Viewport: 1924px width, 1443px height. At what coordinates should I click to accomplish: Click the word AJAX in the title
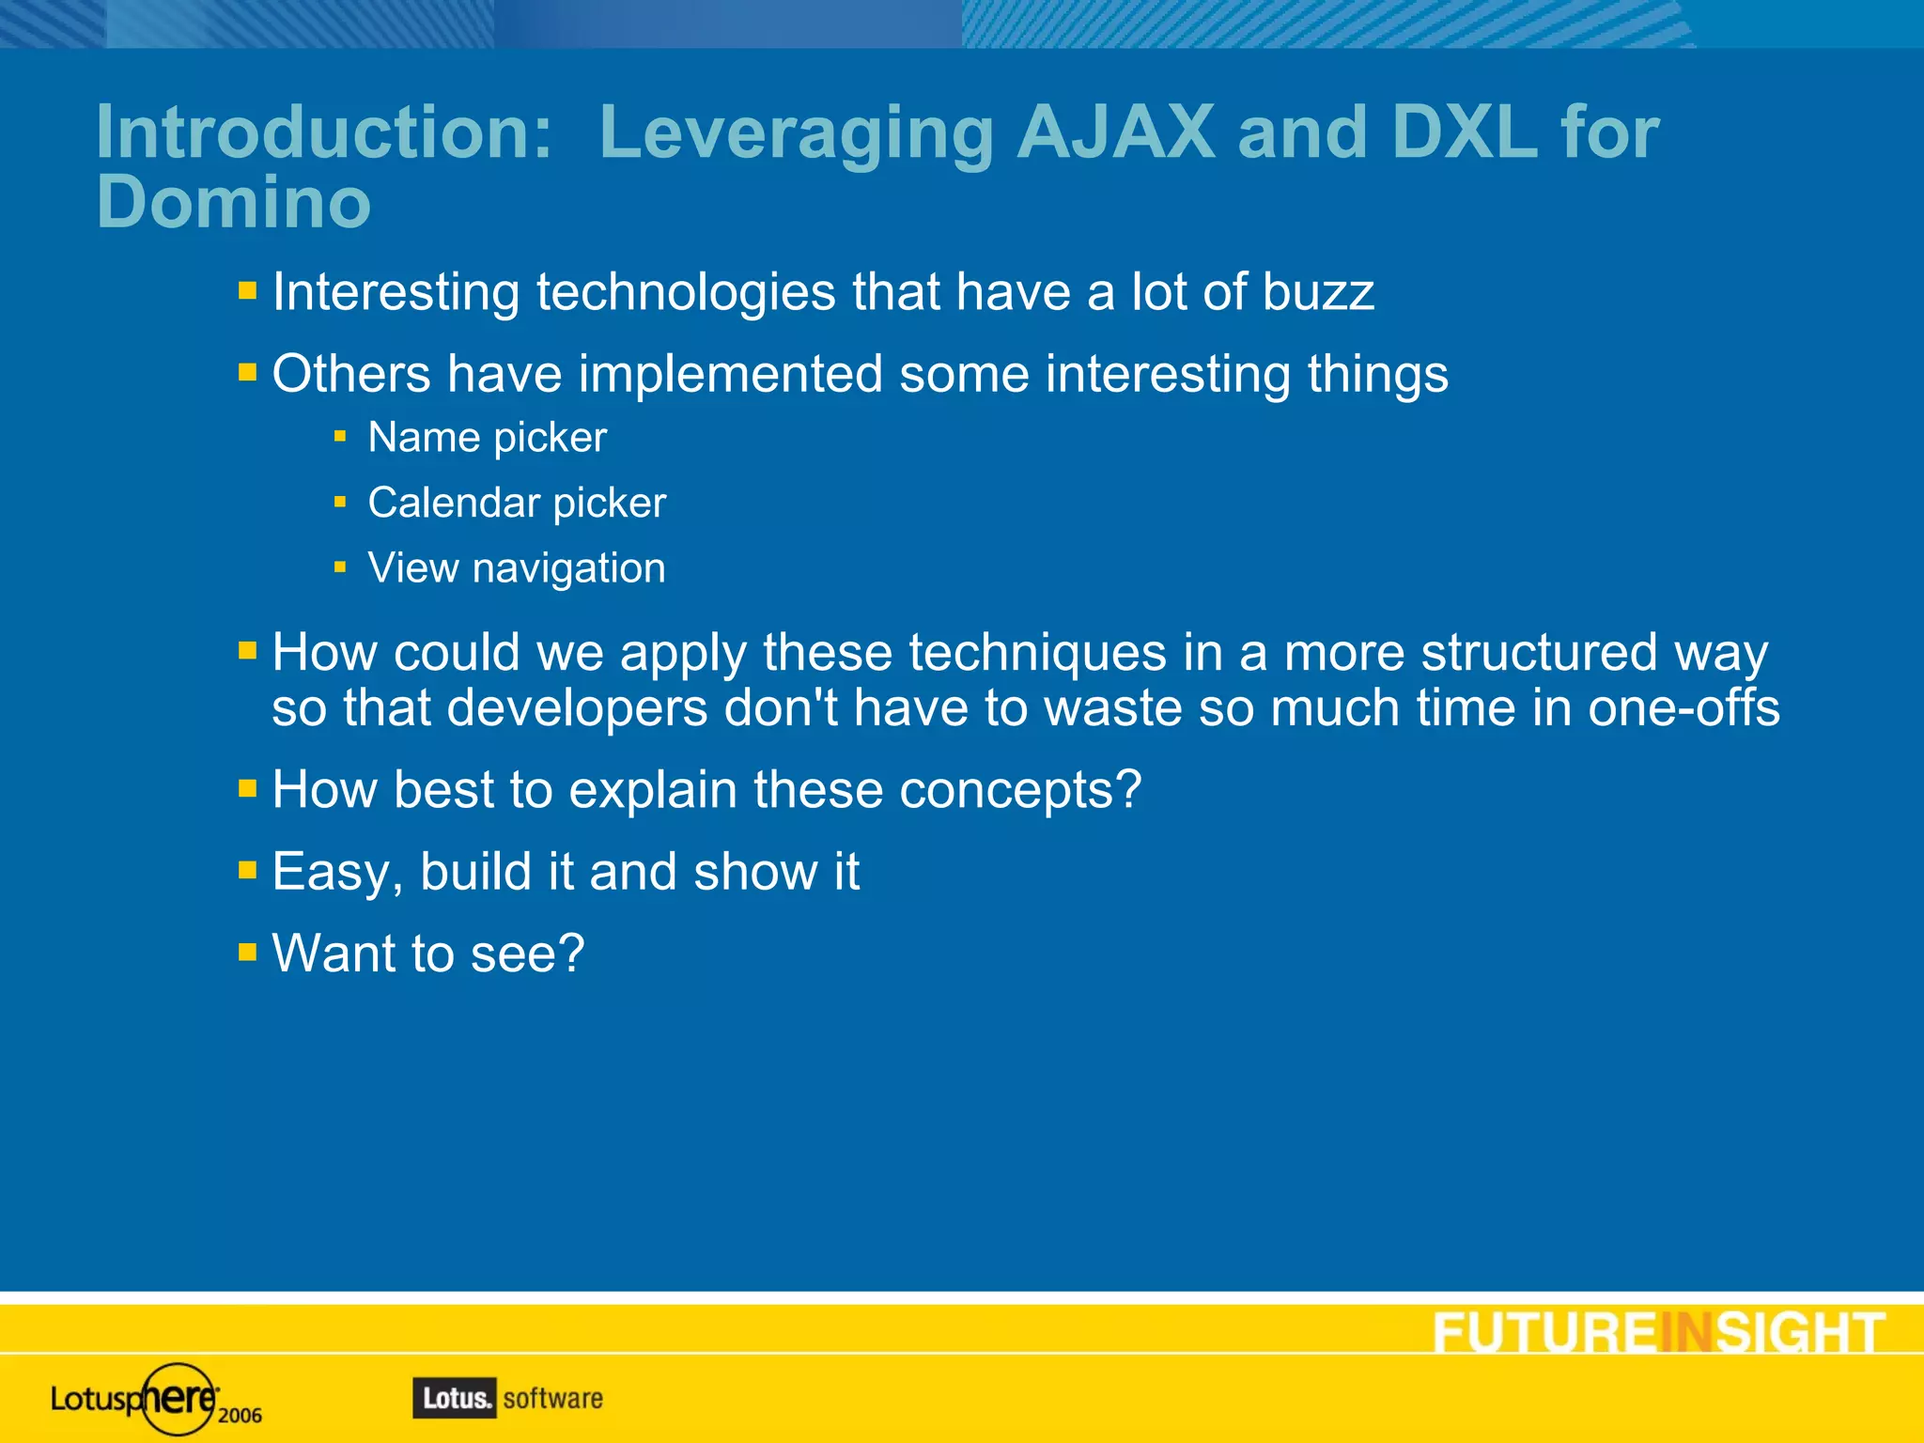(x=1116, y=132)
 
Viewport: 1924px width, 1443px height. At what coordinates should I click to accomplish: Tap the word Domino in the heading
(x=234, y=202)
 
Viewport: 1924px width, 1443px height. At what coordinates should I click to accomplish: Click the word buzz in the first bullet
(x=1318, y=292)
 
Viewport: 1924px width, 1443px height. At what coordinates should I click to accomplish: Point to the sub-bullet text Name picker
(x=487, y=438)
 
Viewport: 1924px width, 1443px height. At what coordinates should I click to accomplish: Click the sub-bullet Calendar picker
(x=517, y=503)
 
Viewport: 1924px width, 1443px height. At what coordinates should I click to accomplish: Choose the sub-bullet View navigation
(x=517, y=568)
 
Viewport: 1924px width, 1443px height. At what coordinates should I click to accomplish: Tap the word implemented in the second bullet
(x=730, y=374)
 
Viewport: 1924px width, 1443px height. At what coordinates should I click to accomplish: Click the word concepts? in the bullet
(x=1020, y=790)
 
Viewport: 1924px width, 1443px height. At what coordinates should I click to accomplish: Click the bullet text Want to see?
(x=428, y=954)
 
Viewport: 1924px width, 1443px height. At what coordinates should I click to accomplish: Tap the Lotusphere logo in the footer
(x=136, y=1399)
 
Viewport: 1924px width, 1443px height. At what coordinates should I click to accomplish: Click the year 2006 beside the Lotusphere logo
(x=240, y=1416)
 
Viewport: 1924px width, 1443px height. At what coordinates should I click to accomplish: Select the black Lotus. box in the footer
(x=454, y=1398)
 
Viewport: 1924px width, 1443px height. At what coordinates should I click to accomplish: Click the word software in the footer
(x=553, y=1398)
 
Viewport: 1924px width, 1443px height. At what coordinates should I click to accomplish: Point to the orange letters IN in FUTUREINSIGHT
(x=1686, y=1332)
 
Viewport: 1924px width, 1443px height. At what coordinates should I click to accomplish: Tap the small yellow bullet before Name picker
(x=340, y=437)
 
